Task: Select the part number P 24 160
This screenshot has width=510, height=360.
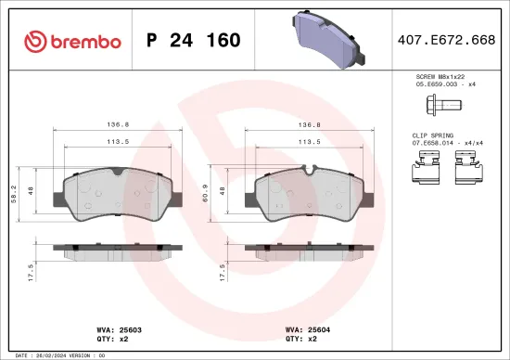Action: click(x=194, y=41)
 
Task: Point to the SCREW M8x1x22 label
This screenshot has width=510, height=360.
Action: click(x=438, y=77)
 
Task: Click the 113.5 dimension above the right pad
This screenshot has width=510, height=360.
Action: click(x=307, y=144)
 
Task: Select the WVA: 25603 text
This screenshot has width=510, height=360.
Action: click(x=115, y=328)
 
